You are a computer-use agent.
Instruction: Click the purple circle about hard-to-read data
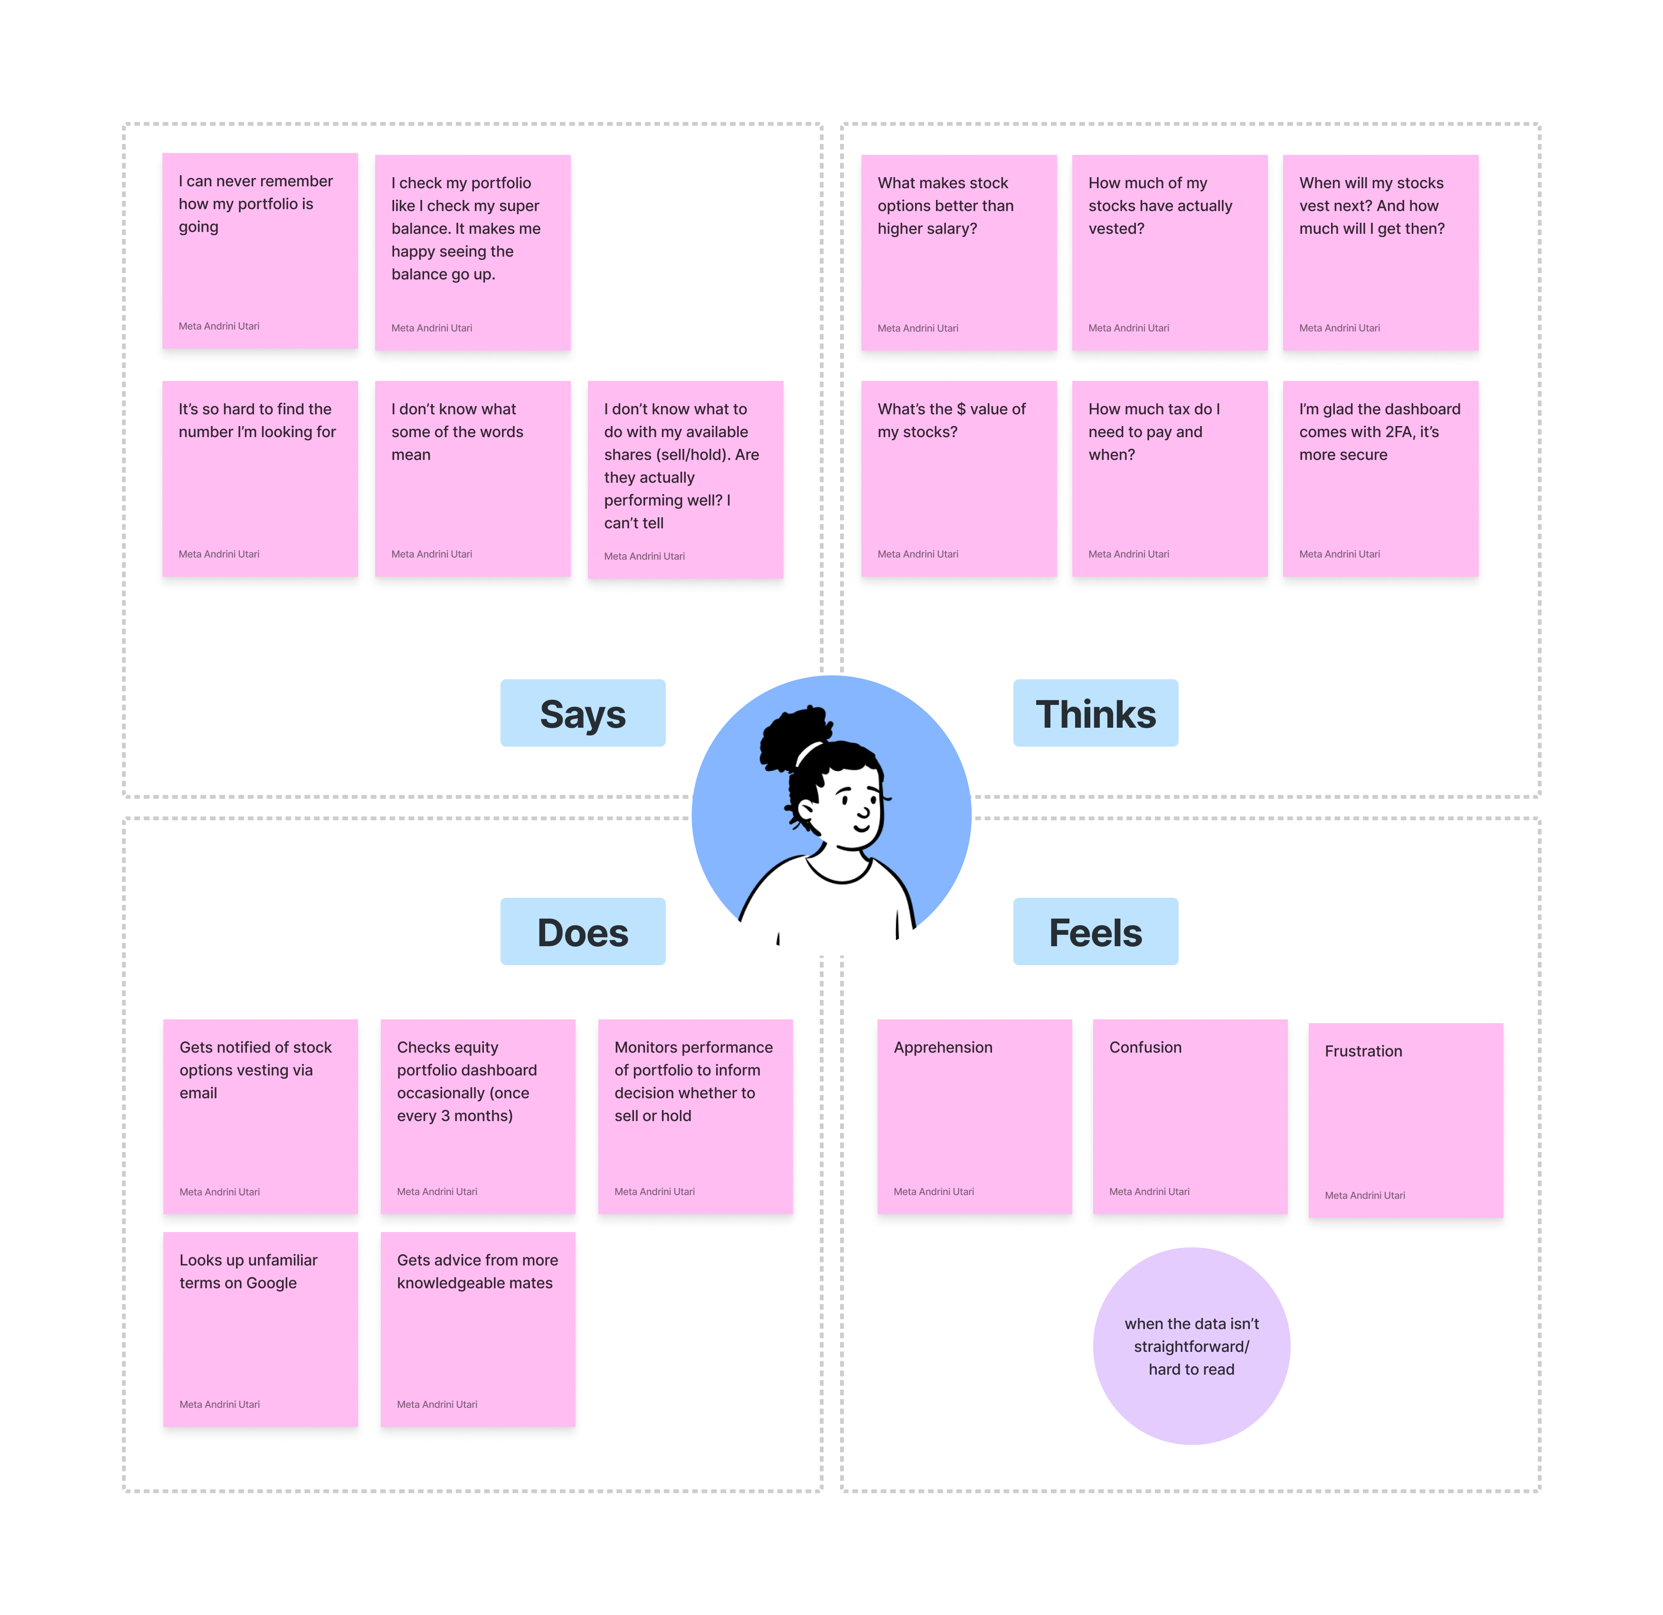(x=1191, y=1346)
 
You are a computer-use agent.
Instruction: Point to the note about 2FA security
(x=1380, y=479)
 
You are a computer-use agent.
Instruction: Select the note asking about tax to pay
(x=1169, y=479)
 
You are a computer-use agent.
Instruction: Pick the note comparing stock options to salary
(x=959, y=253)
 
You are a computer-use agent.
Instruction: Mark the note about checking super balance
(x=472, y=253)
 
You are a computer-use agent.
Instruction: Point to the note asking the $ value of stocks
(x=959, y=479)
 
